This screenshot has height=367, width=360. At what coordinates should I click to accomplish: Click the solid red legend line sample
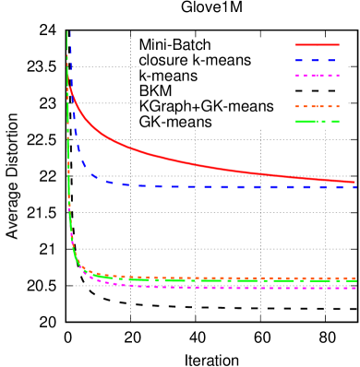tap(317, 44)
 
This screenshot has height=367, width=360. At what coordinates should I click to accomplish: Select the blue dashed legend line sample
tap(317, 60)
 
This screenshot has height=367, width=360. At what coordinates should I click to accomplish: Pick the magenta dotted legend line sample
tap(317, 76)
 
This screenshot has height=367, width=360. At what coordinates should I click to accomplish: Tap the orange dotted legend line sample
tap(317, 106)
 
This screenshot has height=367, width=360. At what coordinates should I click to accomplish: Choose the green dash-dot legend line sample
tap(317, 122)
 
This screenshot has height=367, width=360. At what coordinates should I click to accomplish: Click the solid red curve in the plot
tap(185, 160)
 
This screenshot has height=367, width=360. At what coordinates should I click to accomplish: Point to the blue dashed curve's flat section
tap(231, 186)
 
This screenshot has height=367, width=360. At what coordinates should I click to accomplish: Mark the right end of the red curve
tap(355, 182)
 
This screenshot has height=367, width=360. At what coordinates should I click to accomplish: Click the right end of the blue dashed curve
tap(355, 187)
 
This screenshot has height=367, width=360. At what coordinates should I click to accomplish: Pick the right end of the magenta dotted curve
tap(355, 288)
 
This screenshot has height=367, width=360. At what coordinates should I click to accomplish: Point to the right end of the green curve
tap(355, 280)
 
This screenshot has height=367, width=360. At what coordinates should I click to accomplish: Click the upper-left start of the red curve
tap(70, 88)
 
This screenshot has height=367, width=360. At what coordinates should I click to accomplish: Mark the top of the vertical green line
tap(67, 33)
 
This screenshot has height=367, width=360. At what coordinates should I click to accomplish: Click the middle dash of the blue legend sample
tap(317, 60)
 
